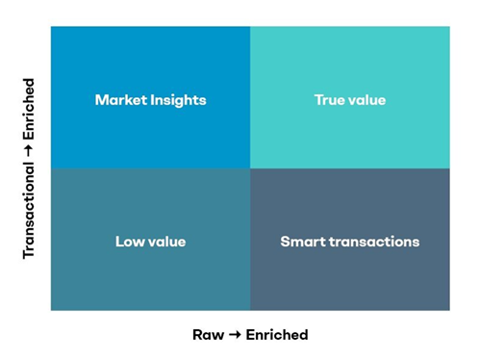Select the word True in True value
pyautogui.click(x=330, y=100)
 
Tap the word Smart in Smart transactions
pyautogui.click(x=300, y=242)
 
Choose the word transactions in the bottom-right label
pyautogui.click(x=371, y=242)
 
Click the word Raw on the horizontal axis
pyautogui.click(x=209, y=335)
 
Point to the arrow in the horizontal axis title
pyautogui.click(x=237, y=335)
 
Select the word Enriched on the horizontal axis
pyautogui.click(x=277, y=335)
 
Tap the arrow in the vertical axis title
pyautogui.click(x=29, y=150)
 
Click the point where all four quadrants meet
pyautogui.click(x=250, y=168)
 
